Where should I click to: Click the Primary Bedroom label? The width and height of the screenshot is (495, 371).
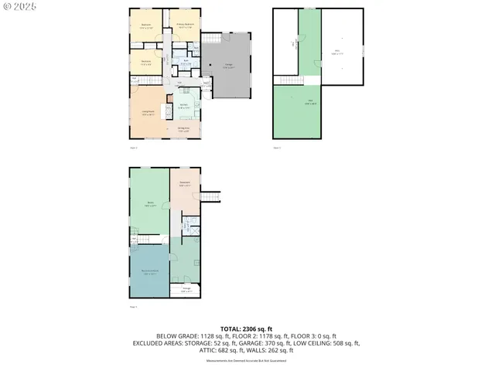[x=184, y=25]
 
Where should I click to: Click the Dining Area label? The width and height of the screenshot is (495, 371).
[x=184, y=130]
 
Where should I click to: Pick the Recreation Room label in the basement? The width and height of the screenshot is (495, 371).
[x=149, y=272]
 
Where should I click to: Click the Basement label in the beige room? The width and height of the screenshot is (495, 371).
[x=185, y=183]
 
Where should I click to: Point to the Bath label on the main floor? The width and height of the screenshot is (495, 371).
[x=185, y=62]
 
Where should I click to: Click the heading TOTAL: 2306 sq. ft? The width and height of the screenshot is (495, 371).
[x=247, y=329]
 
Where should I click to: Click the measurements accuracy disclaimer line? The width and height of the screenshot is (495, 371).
[x=247, y=359]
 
